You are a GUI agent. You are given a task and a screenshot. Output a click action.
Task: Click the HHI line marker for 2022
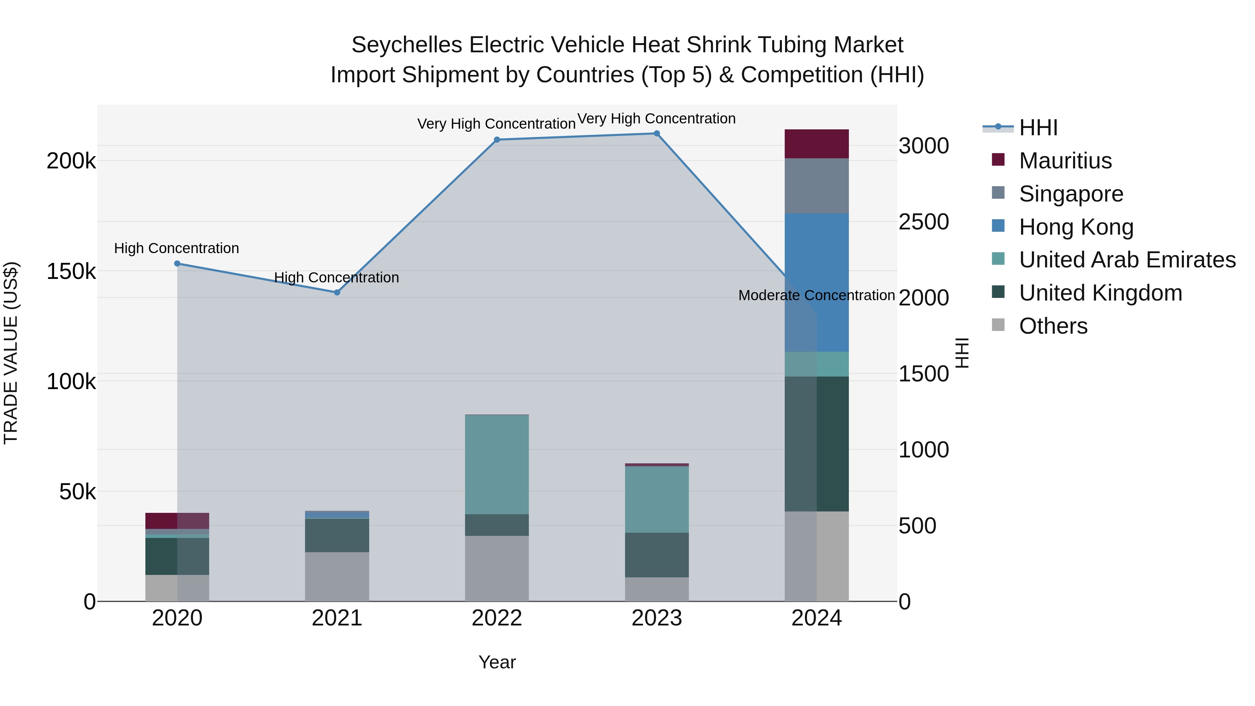pos(497,140)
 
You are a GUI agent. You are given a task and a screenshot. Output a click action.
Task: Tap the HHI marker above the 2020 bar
pos(177,264)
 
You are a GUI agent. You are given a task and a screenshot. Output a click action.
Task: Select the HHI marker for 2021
pos(337,293)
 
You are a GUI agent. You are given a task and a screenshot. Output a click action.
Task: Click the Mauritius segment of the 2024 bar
pos(816,144)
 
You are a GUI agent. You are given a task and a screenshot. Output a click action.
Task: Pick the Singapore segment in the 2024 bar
pos(816,185)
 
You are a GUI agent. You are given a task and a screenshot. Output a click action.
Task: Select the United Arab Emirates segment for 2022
pos(497,464)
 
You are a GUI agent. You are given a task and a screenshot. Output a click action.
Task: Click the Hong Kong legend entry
pos(1076,227)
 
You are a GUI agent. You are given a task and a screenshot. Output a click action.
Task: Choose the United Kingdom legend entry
pos(1100,293)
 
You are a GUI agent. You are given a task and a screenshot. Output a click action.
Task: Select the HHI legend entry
pos(1038,128)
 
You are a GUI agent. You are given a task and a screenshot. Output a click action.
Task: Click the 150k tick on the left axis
pos(71,271)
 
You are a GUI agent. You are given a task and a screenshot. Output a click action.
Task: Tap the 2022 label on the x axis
pos(497,618)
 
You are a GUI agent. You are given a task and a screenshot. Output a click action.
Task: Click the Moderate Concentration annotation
pos(816,295)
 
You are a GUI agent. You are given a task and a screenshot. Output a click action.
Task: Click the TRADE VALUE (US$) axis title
pos(11,353)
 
